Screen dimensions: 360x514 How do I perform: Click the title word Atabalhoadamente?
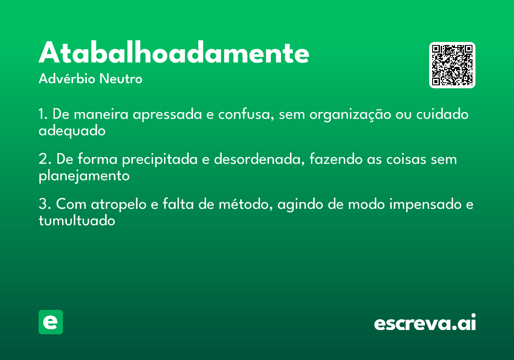[174, 54]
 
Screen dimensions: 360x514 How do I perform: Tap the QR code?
[452, 65]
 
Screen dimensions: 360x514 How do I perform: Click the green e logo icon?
[51, 322]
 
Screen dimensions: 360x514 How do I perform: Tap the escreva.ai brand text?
[425, 323]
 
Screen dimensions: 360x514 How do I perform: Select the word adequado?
[72, 131]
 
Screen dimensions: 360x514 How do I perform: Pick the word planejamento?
[84, 176]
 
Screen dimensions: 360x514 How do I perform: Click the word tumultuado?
[77, 220]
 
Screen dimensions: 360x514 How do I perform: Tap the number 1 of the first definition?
[42, 115]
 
